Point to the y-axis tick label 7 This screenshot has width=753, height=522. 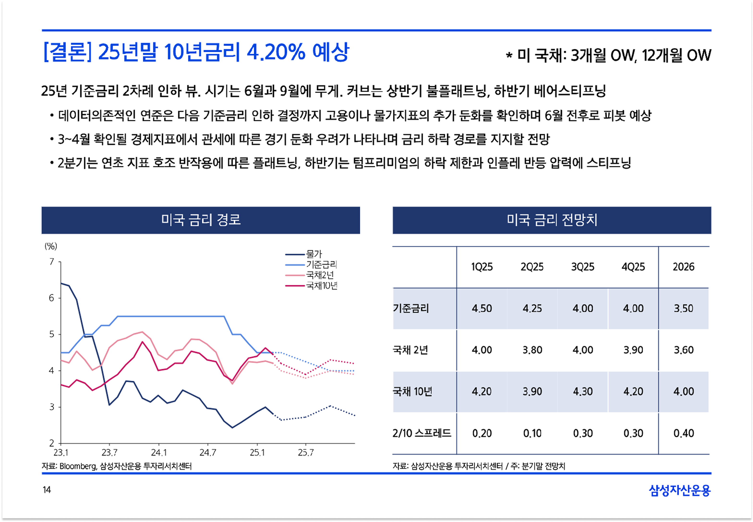pos(52,262)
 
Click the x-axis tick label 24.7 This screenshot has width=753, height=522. pos(208,453)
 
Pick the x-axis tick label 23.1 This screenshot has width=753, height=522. pos(61,453)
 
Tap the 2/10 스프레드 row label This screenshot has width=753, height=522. pos(422,433)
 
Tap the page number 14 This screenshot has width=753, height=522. pos(47,490)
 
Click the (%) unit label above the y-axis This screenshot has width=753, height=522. pos(51,246)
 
